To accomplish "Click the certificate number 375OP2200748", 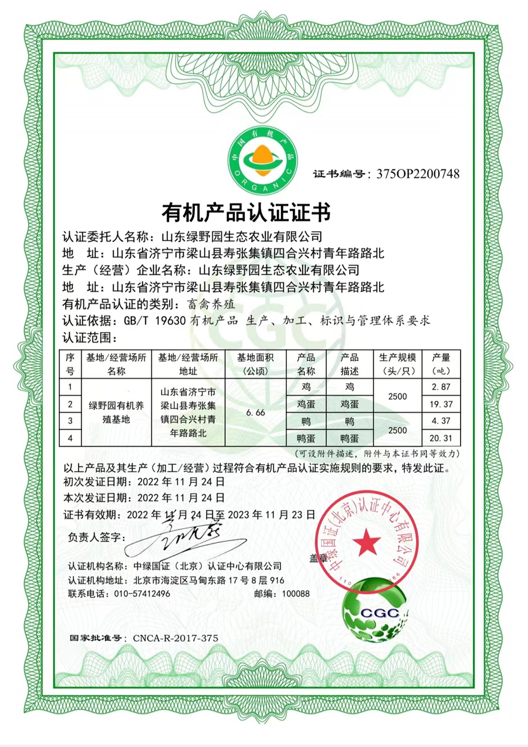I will tap(418, 174).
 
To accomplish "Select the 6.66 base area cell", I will tap(256, 413).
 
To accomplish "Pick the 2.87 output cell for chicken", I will tap(441, 387).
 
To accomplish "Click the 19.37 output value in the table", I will tap(441, 404).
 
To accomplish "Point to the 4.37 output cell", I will tap(441, 421).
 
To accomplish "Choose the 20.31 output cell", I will tap(441, 437).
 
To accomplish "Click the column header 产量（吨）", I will tap(441, 364).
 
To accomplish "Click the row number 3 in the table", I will tap(70, 421).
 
